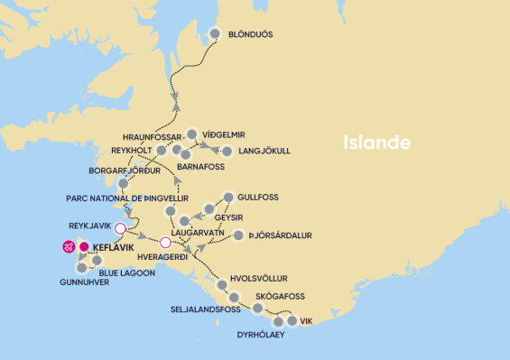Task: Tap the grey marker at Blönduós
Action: pos(216,35)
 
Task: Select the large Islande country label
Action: pos(376,143)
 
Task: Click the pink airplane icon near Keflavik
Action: pos(67,245)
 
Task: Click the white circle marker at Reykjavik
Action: pos(120,228)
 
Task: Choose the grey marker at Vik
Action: pos(292,320)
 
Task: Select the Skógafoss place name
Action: pos(282,296)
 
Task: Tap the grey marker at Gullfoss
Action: pos(228,197)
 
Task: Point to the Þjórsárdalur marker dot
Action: pos(238,236)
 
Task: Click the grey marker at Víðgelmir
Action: pos(191,133)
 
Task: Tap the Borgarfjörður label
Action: pos(124,170)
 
